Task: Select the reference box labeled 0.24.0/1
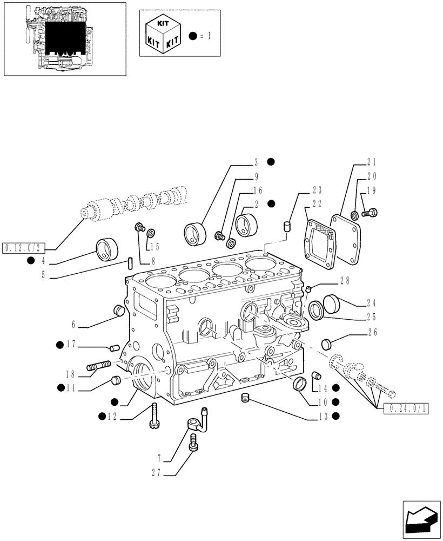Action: (406, 408)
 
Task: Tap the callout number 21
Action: (371, 162)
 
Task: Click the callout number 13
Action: (323, 416)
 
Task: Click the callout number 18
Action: (72, 373)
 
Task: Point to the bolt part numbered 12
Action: (155, 416)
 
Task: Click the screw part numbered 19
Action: (370, 213)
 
